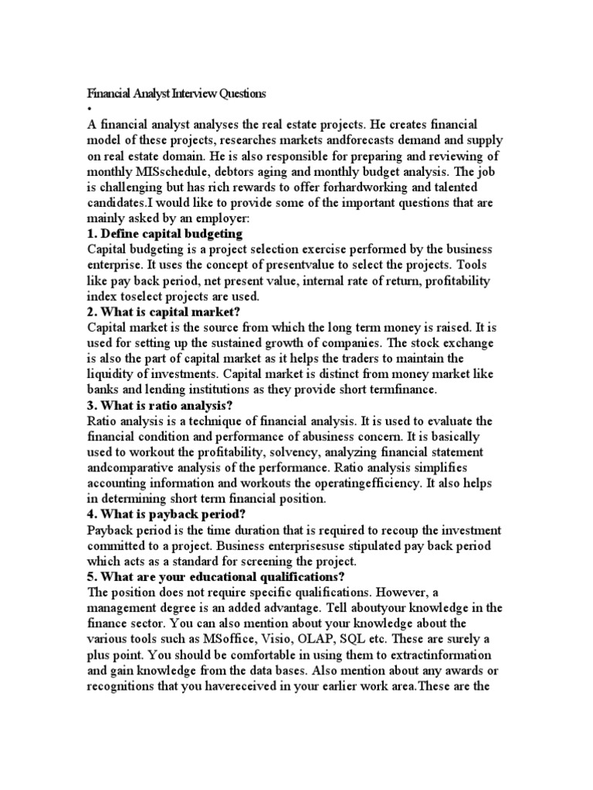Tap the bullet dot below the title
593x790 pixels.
pos(89,109)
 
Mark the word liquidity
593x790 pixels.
pos(111,373)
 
